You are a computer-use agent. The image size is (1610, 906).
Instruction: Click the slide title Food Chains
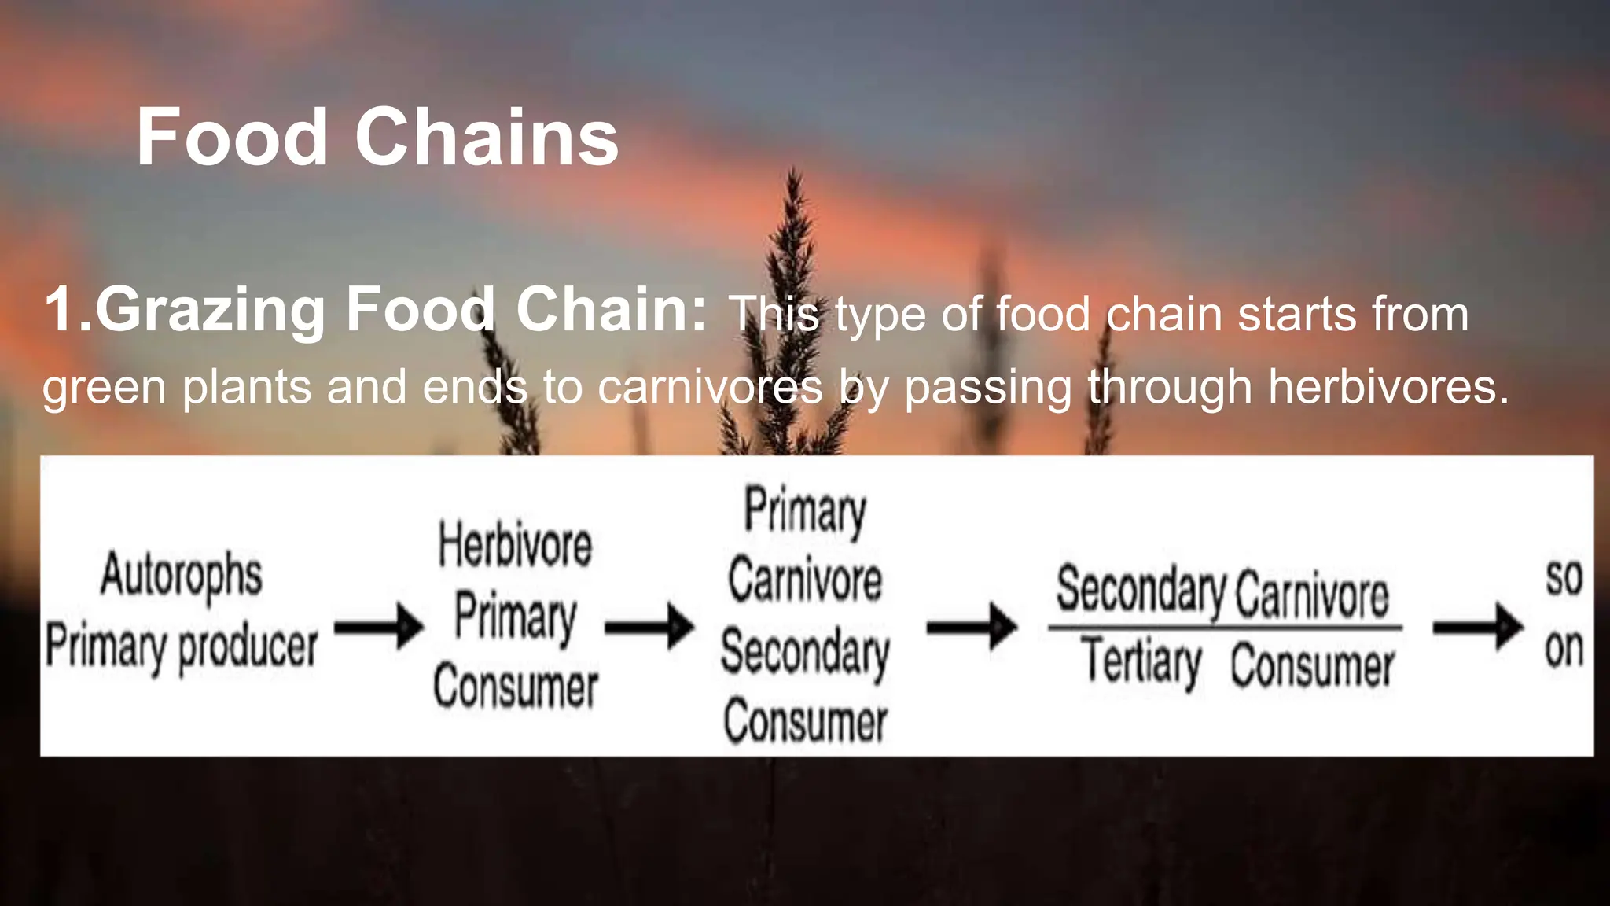[377, 138]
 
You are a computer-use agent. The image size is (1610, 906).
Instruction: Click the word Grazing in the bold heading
[209, 311]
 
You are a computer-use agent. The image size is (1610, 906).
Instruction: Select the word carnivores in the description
[710, 388]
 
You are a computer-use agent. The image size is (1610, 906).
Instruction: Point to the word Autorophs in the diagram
[182, 576]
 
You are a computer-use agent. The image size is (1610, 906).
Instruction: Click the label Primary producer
[182, 647]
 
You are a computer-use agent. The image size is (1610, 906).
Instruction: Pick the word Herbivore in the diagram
[515, 545]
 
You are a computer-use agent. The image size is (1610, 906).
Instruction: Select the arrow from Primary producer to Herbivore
[379, 627]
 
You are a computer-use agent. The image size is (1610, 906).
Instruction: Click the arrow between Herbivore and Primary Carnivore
[649, 627]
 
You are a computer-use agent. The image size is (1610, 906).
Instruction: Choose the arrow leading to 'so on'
[1478, 627]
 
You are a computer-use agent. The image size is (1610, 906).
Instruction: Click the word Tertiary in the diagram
[1142, 663]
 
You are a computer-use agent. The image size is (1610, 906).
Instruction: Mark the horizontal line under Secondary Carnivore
[1225, 628]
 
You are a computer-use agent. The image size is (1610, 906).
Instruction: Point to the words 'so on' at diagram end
[1564, 613]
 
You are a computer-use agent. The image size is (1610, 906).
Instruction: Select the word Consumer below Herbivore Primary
[515, 687]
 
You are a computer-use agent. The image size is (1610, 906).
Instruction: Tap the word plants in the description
[246, 388]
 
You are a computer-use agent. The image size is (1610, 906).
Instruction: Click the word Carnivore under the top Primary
[805, 581]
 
